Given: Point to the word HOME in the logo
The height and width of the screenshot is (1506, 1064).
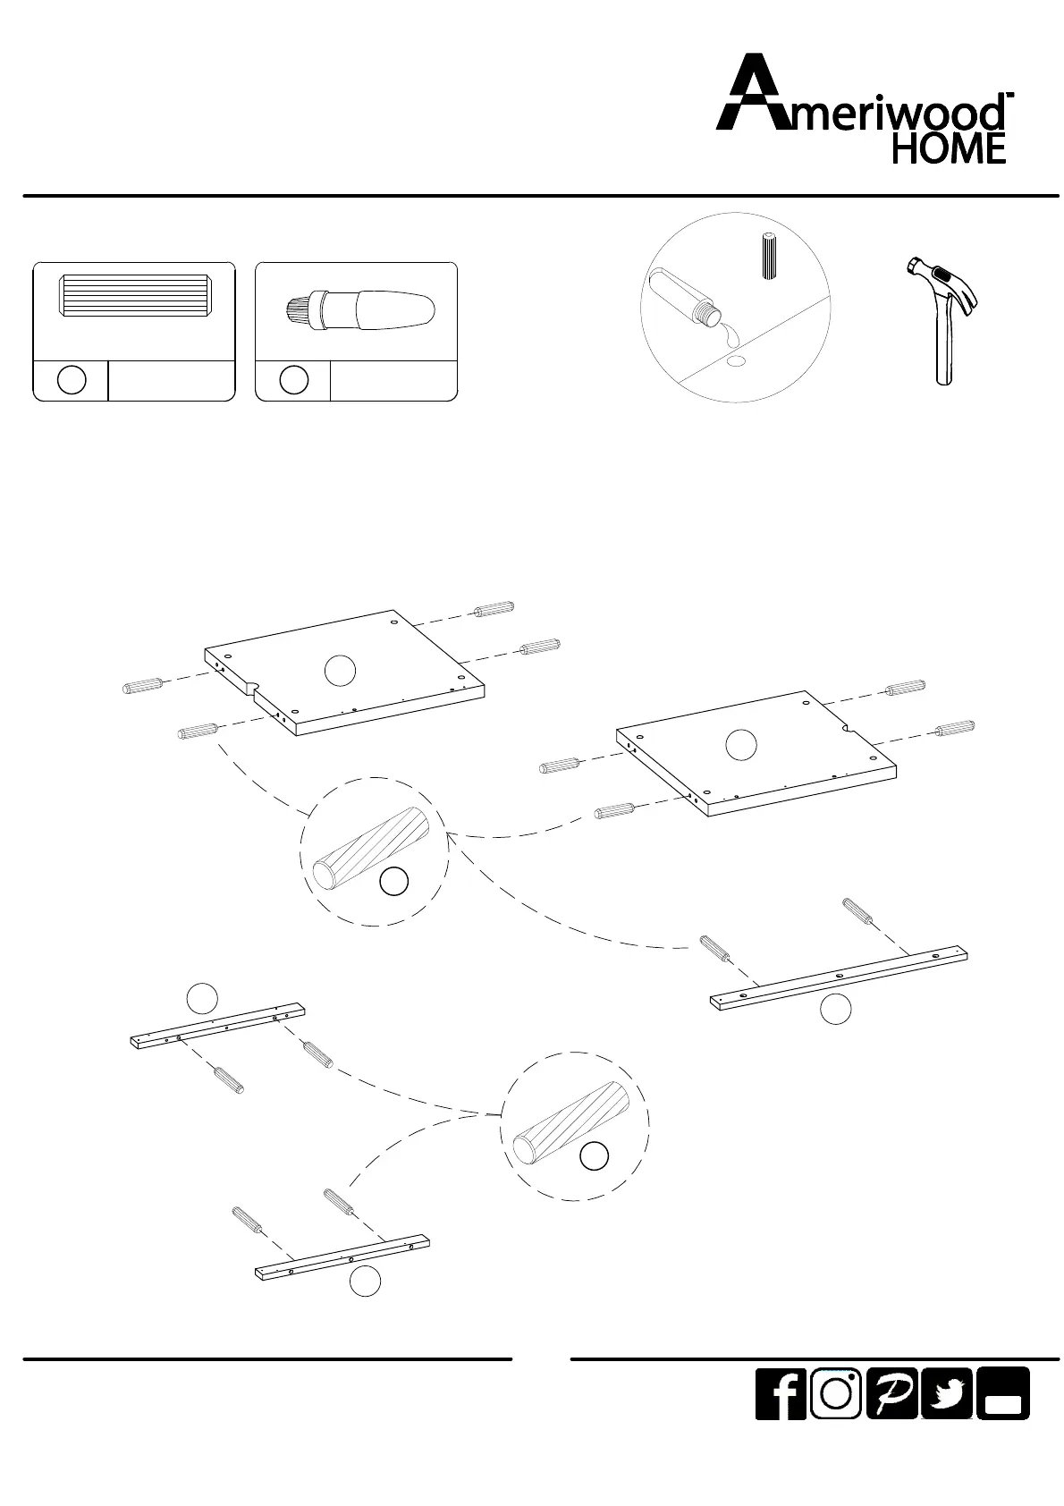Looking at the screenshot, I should point(949,148).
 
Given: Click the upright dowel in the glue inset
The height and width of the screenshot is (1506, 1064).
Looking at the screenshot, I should point(767,258).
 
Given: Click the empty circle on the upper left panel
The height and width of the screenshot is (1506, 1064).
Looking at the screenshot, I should point(340,670).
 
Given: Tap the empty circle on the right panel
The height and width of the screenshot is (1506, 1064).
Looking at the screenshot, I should point(740,745).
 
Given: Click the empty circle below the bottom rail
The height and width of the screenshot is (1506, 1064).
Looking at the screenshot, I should point(365,1282).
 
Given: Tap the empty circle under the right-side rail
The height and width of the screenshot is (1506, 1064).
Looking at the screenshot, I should point(835,1009).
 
